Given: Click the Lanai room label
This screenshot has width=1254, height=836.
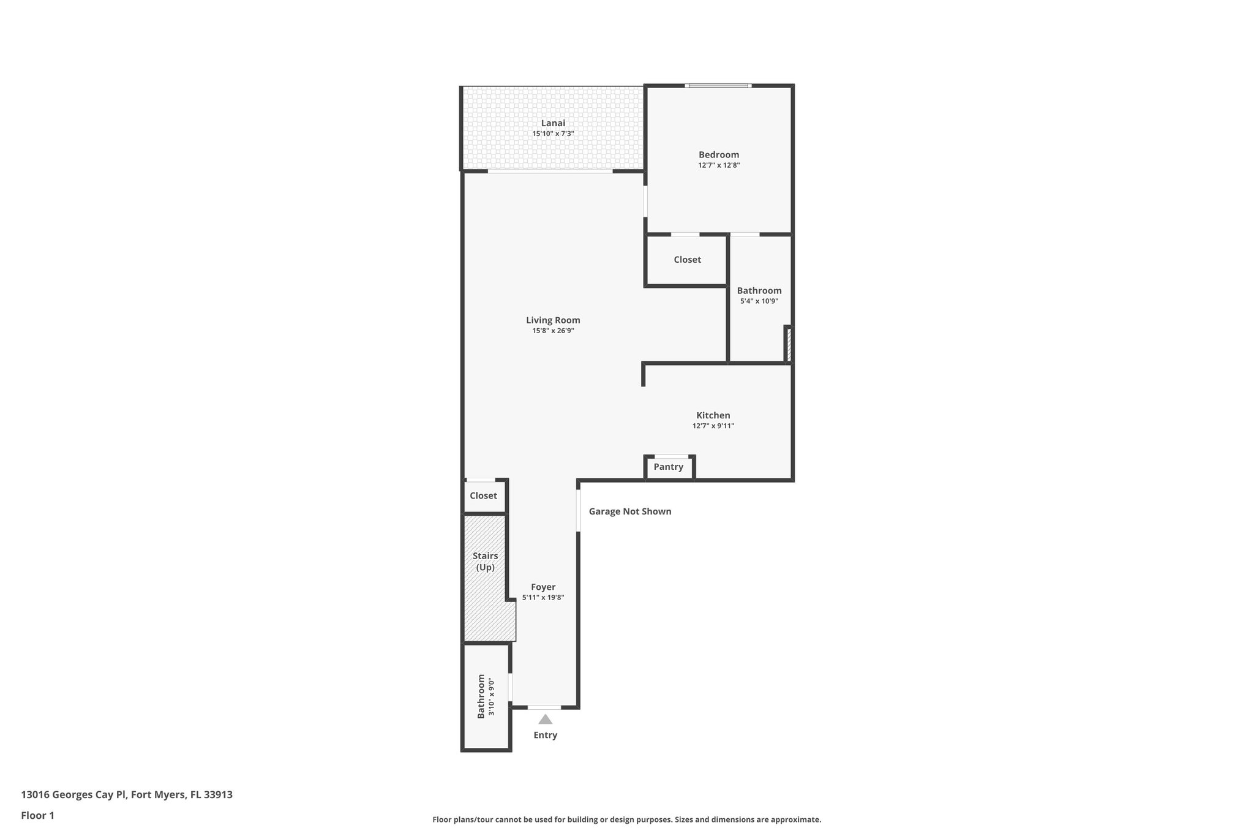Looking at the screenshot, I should (553, 123).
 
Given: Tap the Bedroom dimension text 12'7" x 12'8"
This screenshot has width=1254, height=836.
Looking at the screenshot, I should (719, 165).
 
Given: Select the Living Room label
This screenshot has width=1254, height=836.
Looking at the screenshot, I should (553, 320).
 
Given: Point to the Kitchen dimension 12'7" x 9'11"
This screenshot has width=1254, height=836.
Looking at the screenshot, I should (713, 426).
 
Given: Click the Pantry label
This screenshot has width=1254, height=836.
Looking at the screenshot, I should (668, 467).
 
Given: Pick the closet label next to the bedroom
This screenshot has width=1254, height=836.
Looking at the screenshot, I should (687, 260).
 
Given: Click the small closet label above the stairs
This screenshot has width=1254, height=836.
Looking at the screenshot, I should (483, 495).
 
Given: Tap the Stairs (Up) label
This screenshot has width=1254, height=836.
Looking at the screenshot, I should (485, 562).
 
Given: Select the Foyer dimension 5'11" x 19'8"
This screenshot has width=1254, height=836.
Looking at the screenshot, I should (543, 598).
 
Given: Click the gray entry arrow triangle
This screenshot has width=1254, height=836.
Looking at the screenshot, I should (545, 720).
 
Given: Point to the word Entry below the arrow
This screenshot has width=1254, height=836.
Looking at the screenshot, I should (545, 735).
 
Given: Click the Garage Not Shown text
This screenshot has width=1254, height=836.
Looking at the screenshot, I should (630, 511).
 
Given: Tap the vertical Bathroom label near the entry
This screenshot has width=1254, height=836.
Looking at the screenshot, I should (481, 696).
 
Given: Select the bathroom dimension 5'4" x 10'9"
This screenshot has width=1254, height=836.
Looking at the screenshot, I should (759, 301).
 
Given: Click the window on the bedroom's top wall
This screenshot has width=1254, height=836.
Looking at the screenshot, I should (718, 86).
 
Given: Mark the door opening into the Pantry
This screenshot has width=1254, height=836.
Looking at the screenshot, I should (671, 457).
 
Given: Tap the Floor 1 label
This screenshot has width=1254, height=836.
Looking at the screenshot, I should (37, 815).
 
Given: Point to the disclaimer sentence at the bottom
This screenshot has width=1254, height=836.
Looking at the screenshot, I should (626, 819).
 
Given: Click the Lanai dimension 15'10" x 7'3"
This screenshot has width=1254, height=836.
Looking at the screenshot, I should (553, 134).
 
